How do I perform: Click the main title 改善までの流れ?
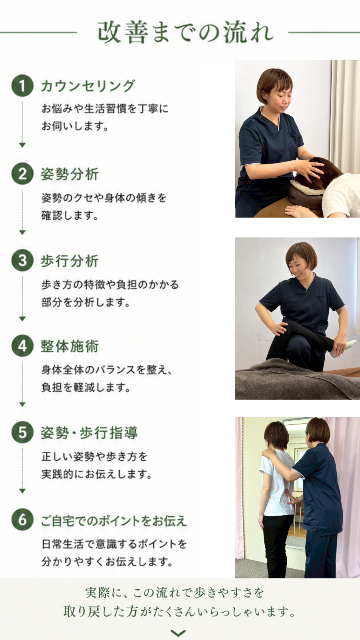(x=186, y=32)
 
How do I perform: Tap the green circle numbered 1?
(x=22, y=86)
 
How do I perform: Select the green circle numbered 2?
(x=22, y=174)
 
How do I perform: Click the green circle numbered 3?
(x=22, y=260)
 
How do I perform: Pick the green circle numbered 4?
(x=22, y=346)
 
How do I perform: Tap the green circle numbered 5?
(x=22, y=432)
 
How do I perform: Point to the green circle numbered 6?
(x=22, y=520)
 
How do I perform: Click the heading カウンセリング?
(x=88, y=86)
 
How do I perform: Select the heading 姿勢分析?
(x=70, y=174)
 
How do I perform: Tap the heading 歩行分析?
(x=70, y=261)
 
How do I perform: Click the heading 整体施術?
(x=70, y=346)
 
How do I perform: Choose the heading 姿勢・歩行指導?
(x=89, y=433)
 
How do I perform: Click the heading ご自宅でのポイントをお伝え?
(x=114, y=520)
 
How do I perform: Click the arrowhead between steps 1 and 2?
(x=22, y=145)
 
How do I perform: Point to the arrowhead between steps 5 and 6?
(x=22, y=491)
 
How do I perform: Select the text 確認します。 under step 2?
(x=70, y=215)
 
